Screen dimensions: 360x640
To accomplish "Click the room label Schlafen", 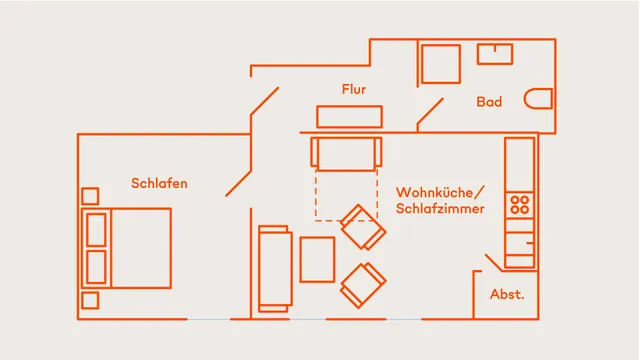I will point(159,183).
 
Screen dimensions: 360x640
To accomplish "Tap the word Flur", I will point(354,89).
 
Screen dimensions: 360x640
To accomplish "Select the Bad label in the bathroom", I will point(489,102).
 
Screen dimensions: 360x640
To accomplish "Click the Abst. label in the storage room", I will point(507,295).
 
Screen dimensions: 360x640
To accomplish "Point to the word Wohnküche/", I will point(440,191).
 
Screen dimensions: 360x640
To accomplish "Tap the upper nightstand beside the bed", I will point(90,195).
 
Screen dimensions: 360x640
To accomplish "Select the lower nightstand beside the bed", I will point(90,300).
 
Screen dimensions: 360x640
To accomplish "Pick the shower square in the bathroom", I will point(439,63).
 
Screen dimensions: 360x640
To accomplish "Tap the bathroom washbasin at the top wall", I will point(495,53).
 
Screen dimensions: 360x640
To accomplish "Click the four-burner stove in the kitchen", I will point(519,205).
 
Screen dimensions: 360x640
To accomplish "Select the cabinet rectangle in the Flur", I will point(349,115).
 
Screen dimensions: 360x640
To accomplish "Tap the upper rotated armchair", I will point(362,227).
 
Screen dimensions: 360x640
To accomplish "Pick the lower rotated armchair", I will point(363,284).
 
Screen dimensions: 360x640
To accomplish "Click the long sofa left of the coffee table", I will point(275,267).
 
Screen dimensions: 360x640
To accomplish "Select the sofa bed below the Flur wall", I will point(346,154).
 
